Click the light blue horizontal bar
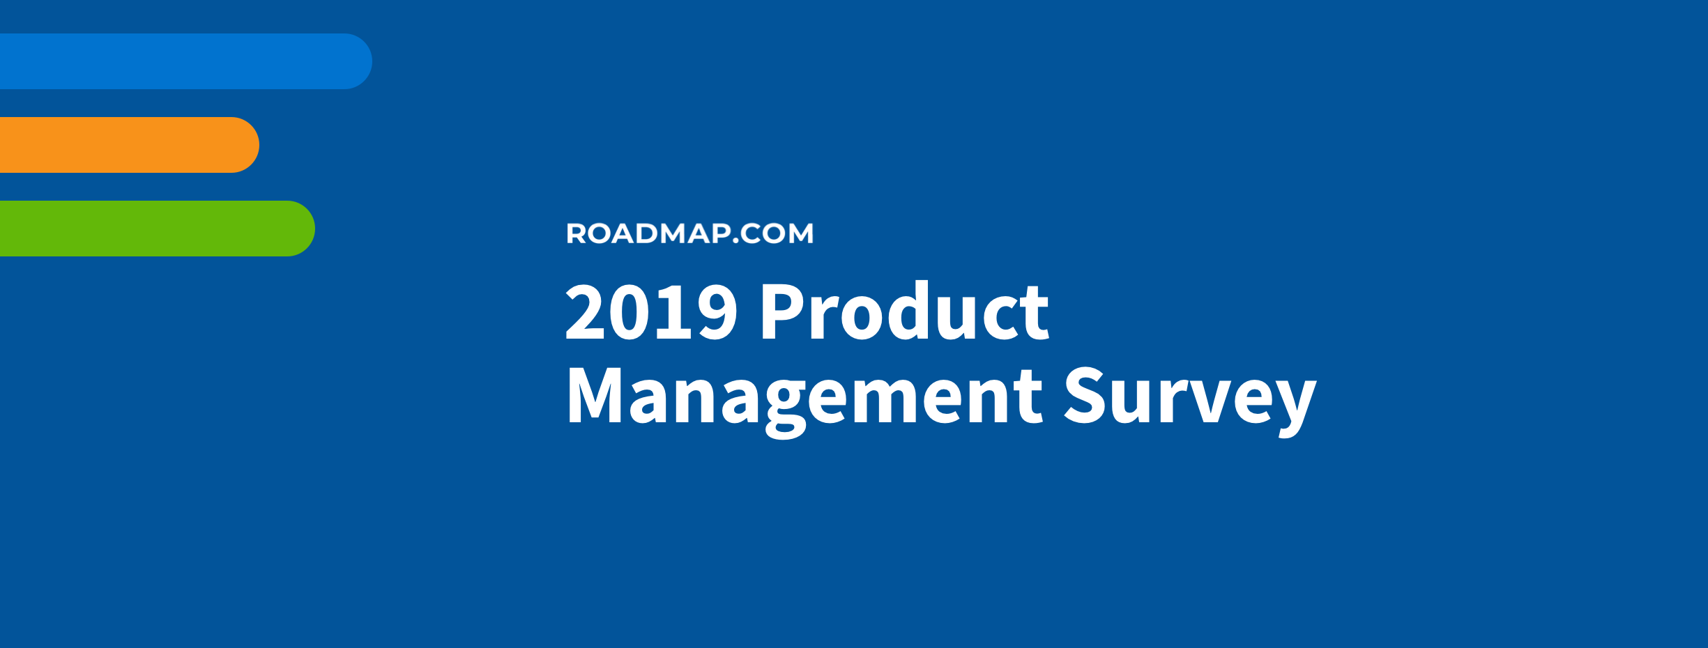pyautogui.click(x=185, y=61)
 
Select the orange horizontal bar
pyautogui.click(x=129, y=145)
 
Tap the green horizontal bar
pyautogui.click(x=157, y=229)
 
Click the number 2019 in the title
pyautogui.click(x=651, y=311)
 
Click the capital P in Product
pyautogui.click(x=782, y=311)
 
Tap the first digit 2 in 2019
pyautogui.click(x=586, y=311)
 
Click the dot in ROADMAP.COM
pyautogui.click(x=735, y=240)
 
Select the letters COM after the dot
pyautogui.click(x=777, y=233)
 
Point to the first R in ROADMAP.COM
pyautogui.click(x=577, y=233)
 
